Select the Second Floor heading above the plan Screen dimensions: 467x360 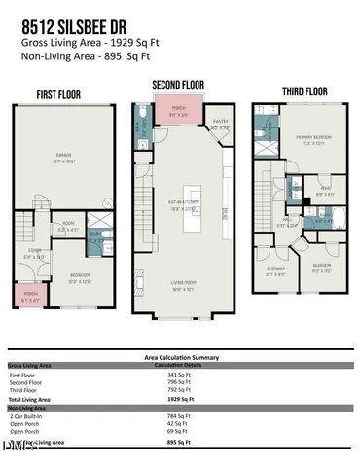178,85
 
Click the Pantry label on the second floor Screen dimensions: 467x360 221,125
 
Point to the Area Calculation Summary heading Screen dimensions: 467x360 180,357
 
